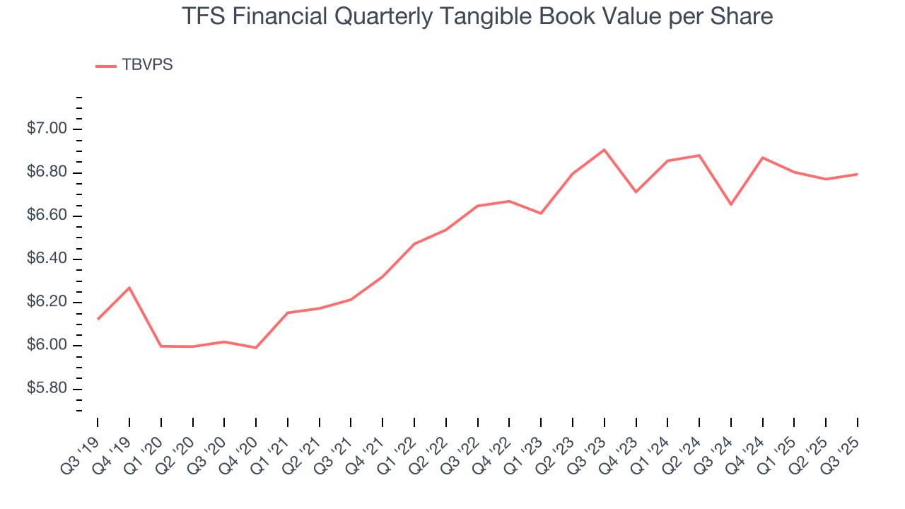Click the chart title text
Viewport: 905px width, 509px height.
pos(477,16)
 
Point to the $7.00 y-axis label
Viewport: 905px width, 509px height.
pos(47,129)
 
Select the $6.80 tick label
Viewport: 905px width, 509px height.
pos(47,172)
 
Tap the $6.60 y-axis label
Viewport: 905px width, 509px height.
pos(47,216)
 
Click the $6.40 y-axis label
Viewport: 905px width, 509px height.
pos(47,259)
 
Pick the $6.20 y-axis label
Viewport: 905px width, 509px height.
pos(47,303)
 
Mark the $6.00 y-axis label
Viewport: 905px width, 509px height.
pos(47,346)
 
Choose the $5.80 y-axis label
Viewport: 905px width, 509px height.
pos(47,390)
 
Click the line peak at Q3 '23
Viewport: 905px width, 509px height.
pos(605,150)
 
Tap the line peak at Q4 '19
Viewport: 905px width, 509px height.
pos(129,288)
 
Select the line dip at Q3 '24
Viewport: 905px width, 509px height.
pos(731,204)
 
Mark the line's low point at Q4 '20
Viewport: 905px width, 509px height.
pos(256,348)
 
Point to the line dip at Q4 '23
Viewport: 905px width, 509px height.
pos(636,192)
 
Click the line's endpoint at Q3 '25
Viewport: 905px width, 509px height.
pos(858,174)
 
